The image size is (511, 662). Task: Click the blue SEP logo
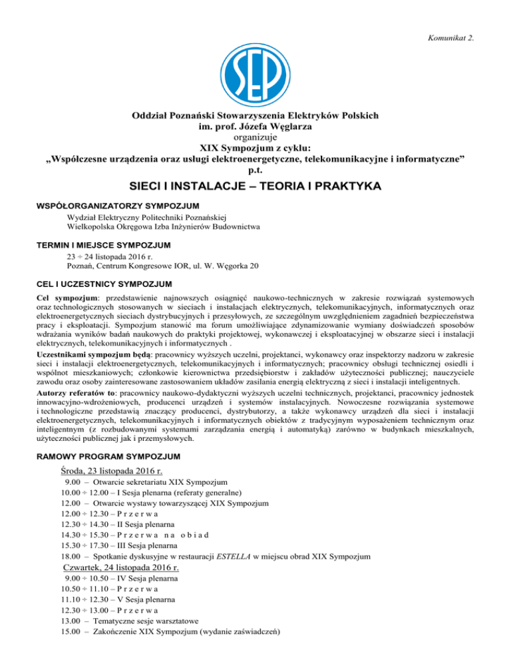(x=255, y=63)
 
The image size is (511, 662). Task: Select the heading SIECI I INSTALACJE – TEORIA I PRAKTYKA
(x=255, y=188)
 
